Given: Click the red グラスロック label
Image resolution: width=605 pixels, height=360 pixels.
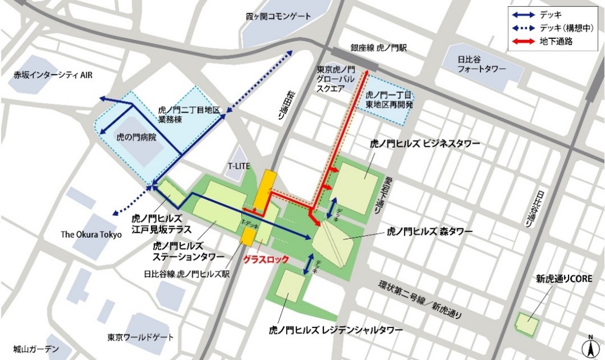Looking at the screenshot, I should tap(264, 258).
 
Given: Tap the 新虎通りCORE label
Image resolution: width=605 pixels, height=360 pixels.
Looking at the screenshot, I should tap(563, 279).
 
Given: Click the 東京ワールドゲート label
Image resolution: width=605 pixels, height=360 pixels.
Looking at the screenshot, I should tap(140, 337).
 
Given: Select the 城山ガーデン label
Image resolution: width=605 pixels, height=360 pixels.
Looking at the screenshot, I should tap(36, 349).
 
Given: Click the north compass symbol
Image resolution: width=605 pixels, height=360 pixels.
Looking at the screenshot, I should tap(588, 346).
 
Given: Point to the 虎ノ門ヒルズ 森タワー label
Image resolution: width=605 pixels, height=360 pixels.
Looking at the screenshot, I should tap(430, 231).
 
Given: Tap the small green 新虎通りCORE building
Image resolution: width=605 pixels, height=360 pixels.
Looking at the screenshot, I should tap(527, 324).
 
